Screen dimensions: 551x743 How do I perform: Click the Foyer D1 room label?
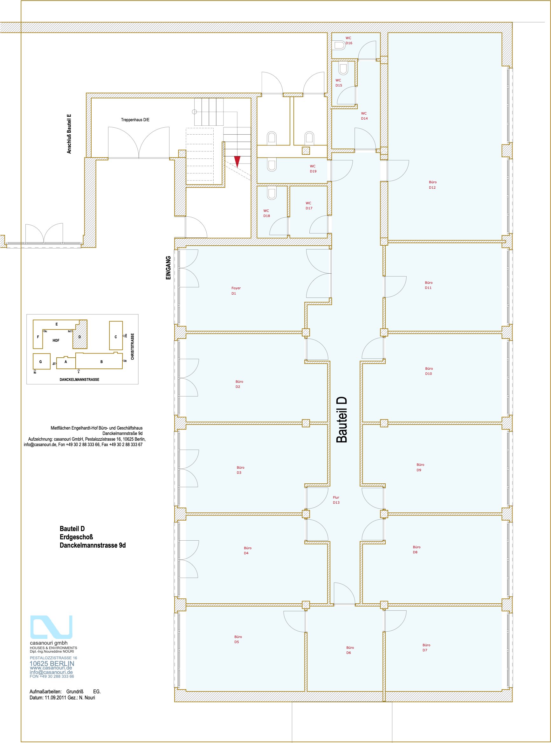[x=236, y=291]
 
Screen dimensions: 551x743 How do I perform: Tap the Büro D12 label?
[x=433, y=185]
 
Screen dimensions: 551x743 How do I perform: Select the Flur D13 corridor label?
[x=336, y=500]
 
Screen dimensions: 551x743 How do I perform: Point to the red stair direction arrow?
[x=237, y=162]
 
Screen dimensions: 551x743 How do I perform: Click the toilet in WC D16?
[x=340, y=45]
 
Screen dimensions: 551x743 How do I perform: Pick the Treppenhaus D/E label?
[x=135, y=120]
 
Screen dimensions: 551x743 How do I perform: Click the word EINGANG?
[x=169, y=268]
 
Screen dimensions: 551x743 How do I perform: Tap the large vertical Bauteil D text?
[x=341, y=420]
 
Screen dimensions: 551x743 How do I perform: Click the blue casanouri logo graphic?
[x=52, y=627]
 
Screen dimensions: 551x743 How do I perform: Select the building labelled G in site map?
[x=42, y=361]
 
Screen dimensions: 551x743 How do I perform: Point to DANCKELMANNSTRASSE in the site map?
[x=79, y=380]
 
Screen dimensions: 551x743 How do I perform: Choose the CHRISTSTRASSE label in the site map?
[x=132, y=347]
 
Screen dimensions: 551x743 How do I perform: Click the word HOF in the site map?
[x=56, y=340]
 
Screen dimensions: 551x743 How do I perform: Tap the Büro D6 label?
[x=350, y=650]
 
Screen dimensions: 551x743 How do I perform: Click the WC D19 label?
[x=313, y=169]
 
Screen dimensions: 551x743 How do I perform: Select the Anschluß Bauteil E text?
[x=69, y=134]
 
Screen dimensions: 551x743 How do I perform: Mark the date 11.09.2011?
[x=55, y=697]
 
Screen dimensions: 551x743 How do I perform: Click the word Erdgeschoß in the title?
[x=76, y=537]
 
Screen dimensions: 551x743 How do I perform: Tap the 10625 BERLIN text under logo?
[x=52, y=663]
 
